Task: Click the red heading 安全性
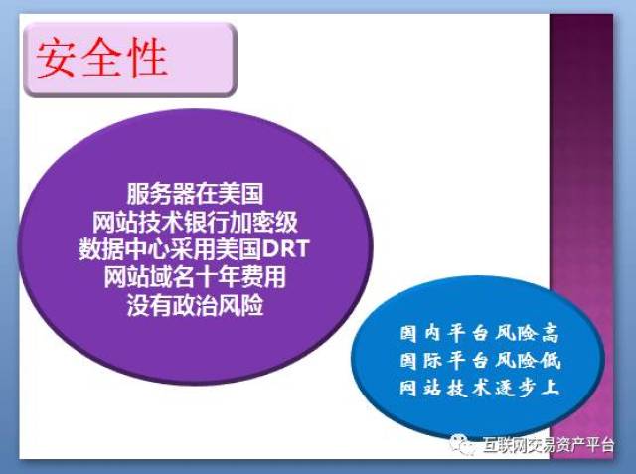pos(101,61)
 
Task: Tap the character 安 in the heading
pos(58,61)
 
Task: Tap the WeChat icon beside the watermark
pos(463,446)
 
